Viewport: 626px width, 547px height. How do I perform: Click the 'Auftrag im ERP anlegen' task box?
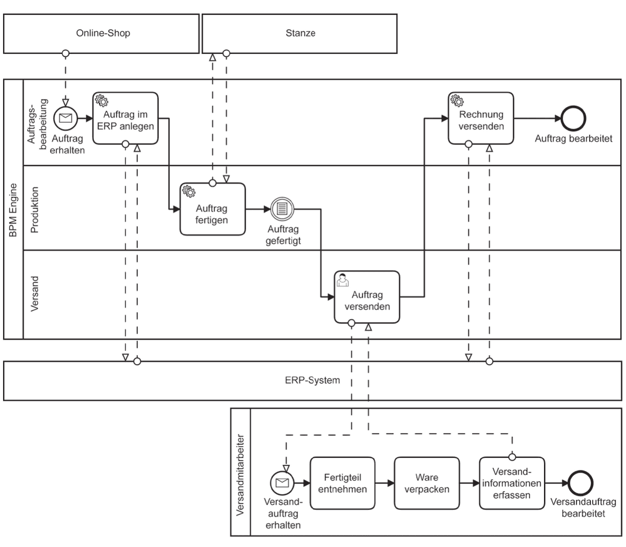[125, 118]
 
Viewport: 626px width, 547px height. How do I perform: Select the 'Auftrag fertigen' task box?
[212, 209]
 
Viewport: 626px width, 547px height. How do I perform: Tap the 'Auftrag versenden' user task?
[367, 297]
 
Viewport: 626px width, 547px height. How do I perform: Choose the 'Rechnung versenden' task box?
[481, 118]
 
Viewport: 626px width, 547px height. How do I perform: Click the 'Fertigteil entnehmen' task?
[342, 483]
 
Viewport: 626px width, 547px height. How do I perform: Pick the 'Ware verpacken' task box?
[427, 483]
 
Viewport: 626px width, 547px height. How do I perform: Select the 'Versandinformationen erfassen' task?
[512, 483]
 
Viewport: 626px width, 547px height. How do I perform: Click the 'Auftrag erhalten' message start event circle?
[66, 118]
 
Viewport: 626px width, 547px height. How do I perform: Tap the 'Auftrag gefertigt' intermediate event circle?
[282, 209]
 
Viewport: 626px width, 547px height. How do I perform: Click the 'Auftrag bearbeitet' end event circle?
[573, 118]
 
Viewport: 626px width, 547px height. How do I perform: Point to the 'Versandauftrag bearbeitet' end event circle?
[580, 483]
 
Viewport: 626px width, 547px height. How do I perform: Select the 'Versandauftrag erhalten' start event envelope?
[282, 483]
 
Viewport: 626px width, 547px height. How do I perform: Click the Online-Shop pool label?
[103, 33]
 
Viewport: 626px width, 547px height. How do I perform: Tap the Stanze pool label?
[300, 33]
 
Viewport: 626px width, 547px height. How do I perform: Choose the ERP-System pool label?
[312, 380]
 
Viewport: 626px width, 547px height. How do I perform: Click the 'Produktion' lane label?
[34, 210]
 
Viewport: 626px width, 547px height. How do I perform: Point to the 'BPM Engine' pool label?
[13, 210]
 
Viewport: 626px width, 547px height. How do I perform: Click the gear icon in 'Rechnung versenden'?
[457, 100]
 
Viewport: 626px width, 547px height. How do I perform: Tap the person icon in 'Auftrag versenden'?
[342, 279]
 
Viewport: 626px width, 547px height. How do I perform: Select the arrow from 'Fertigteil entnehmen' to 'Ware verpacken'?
[385, 483]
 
